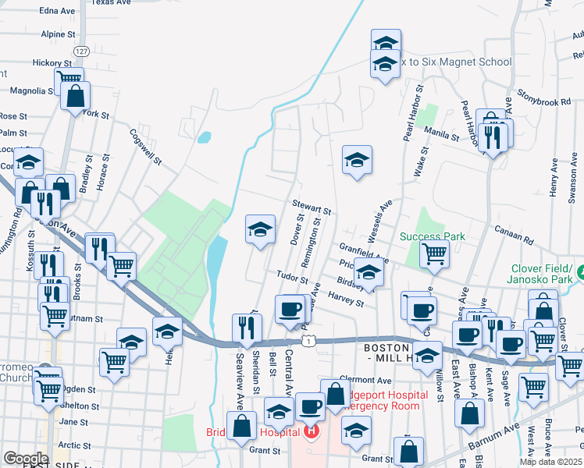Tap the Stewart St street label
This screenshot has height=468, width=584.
pyautogui.click(x=312, y=207)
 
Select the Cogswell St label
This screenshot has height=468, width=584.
pyautogui.click(x=146, y=147)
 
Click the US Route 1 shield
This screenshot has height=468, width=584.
pyautogui.click(x=310, y=341)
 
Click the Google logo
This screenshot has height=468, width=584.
pyautogui.click(x=26, y=458)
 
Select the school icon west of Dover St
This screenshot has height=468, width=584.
pyautogui.click(x=261, y=229)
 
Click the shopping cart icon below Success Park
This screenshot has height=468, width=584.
pyautogui.click(x=433, y=253)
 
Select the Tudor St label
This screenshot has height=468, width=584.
pyautogui.click(x=293, y=278)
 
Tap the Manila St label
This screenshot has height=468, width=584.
pyautogui.click(x=442, y=133)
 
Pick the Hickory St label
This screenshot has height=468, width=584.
pyautogui.click(x=52, y=62)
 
